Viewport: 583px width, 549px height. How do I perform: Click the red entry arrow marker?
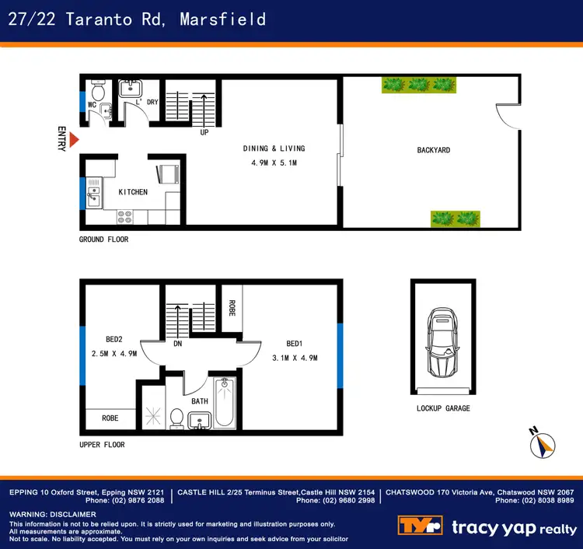pyautogui.click(x=74, y=140)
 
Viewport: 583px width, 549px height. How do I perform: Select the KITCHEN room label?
pyautogui.click(x=133, y=192)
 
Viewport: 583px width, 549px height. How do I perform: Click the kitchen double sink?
pyautogui.click(x=94, y=192)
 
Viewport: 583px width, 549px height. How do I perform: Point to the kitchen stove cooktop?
pyautogui.click(x=125, y=215)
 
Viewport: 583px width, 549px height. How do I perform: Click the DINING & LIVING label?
pyautogui.click(x=274, y=149)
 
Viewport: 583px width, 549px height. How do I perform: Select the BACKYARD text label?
pyautogui.click(x=433, y=150)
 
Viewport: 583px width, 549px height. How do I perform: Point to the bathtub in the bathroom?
pyautogui.click(x=225, y=403)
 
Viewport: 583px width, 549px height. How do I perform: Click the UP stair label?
pyautogui.click(x=204, y=132)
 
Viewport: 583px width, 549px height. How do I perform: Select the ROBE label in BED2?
pyautogui.click(x=110, y=418)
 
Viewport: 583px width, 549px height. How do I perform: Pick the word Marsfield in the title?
pyautogui.click(x=222, y=19)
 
